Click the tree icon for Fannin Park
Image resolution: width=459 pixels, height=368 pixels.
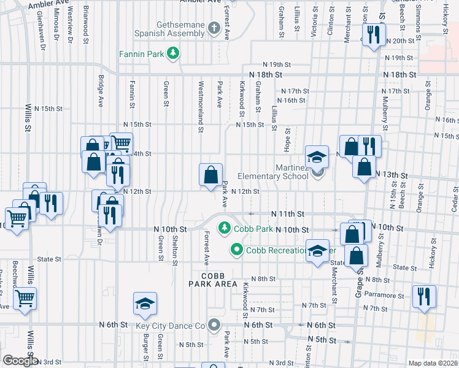coord(174,54)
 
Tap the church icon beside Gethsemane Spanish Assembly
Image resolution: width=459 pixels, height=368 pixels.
coord(214,28)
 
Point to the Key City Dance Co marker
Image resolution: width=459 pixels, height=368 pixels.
coord(214,325)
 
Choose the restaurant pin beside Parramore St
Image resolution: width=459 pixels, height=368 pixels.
coord(424,297)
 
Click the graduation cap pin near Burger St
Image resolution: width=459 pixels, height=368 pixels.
coord(145,304)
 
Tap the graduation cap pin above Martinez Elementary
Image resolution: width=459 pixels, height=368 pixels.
coord(317,157)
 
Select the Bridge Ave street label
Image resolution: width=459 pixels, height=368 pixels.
coord(101,91)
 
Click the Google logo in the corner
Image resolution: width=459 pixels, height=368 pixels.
coord(20,361)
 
